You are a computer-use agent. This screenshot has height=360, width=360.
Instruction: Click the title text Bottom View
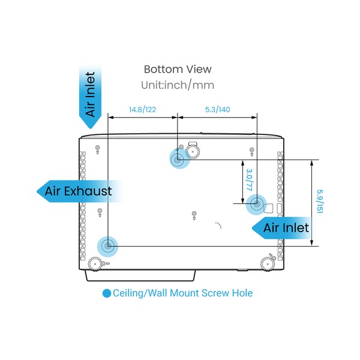tap(178, 70)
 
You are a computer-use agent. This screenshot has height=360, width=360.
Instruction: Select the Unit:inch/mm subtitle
tap(178, 85)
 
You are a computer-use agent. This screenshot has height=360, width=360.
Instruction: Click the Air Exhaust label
tap(78, 191)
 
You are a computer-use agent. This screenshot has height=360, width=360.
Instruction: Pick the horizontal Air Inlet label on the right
tap(286, 227)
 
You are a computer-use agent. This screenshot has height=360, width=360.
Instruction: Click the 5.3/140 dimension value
tap(217, 109)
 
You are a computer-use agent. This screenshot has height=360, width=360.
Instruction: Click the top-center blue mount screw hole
tap(178, 159)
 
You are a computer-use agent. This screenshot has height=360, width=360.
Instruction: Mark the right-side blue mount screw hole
tap(256, 205)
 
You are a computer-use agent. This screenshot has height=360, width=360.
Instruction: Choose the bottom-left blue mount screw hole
tap(107, 246)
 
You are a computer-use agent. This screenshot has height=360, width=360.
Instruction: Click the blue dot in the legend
tap(107, 293)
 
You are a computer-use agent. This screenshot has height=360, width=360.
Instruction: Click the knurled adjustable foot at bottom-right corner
tap(268, 262)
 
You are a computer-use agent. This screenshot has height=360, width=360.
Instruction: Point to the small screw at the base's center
tap(193, 214)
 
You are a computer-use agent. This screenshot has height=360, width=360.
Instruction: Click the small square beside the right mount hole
tap(269, 208)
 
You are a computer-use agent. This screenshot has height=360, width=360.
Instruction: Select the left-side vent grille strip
tap(83, 198)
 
